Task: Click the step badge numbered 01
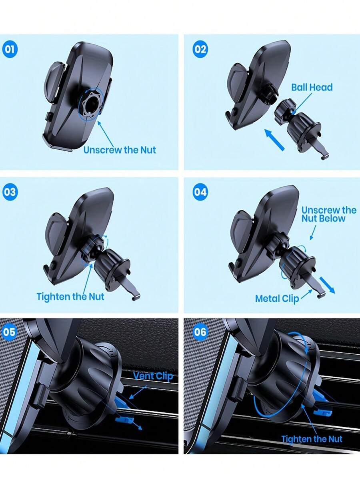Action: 10,49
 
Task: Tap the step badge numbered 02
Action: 200,49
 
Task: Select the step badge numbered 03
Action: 10,192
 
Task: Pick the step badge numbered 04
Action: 200,192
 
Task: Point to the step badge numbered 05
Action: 10,332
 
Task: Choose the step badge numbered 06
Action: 200,332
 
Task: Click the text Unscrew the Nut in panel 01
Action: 120,150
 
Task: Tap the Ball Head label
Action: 312,87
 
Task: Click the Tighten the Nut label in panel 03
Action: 70,296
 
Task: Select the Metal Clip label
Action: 277,299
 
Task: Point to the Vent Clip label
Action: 153,376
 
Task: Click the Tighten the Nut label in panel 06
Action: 312,439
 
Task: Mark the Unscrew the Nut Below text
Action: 329,214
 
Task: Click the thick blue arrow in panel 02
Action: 274,140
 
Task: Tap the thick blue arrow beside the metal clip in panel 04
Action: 328,285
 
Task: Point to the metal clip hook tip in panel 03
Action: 136,297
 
